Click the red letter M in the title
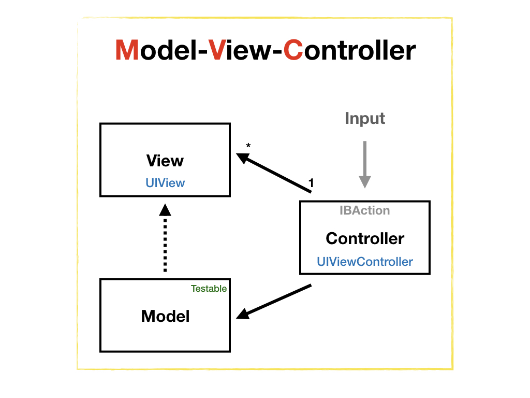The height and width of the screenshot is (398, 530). [x=126, y=51]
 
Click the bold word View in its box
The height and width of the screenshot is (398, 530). [x=165, y=161]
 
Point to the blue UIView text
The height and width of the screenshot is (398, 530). [x=165, y=183]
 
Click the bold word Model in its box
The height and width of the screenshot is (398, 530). [x=165, y=316]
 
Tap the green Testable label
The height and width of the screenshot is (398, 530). [x=209, y=289]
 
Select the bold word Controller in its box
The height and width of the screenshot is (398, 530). [x=365, y=238]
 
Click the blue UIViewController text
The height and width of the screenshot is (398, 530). [x=365, y=262]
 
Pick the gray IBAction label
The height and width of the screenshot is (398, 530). [x=364, y=210]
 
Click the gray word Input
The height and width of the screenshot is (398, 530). [x=365, y=119]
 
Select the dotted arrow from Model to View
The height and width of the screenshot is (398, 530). [x=165, y=244]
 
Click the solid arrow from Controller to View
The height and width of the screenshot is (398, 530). [x=277, y=174]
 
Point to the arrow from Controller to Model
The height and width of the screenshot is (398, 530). [x=277, y=301]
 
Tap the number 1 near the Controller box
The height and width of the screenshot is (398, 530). [x=311, y=182]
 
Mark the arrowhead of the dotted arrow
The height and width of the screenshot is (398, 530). [x=165, y=209]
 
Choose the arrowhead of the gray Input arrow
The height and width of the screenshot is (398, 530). [x=365, y=181]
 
